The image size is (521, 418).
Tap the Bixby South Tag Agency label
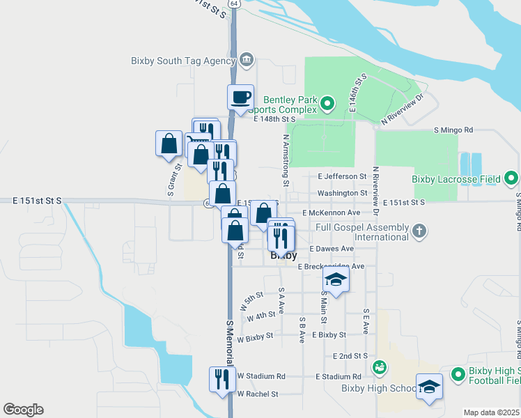[x=183, y=61]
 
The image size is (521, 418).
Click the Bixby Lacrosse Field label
[x=456, y=179]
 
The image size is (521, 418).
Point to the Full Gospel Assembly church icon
[x=419, y=229]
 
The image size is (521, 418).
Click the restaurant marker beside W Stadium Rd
[x=222, y=380]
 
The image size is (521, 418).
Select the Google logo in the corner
[x=23, y=409]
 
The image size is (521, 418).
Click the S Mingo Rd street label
[x=453, y=130]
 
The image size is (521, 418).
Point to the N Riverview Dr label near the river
[x=403, y=111]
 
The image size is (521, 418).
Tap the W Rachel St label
[x=257, y=394]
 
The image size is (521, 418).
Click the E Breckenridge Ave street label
[x=331, y=266]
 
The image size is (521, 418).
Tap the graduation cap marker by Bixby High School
[x=429, y=387]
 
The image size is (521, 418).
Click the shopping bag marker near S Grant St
[x=169, y=144]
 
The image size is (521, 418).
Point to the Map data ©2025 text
[x=492, y=412]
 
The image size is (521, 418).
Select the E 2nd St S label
[x=350, y=355]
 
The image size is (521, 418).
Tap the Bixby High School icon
[x=380, y=366]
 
